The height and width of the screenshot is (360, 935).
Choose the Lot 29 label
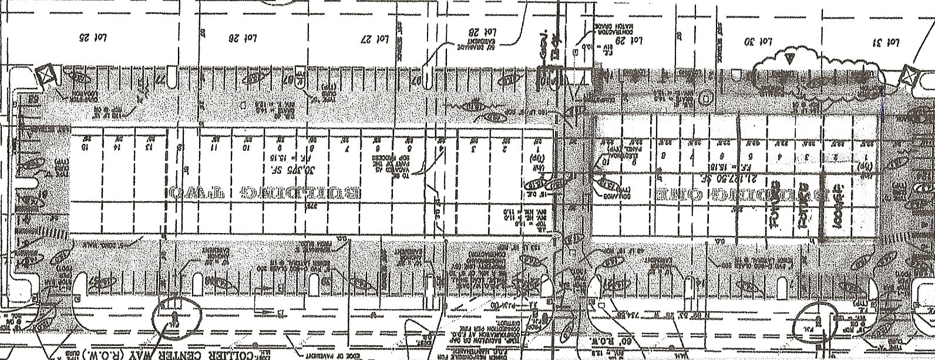pyautogui.click(x=632, y=41)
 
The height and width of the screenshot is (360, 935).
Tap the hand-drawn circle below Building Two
pyautogui.click(x=177, y=317)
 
